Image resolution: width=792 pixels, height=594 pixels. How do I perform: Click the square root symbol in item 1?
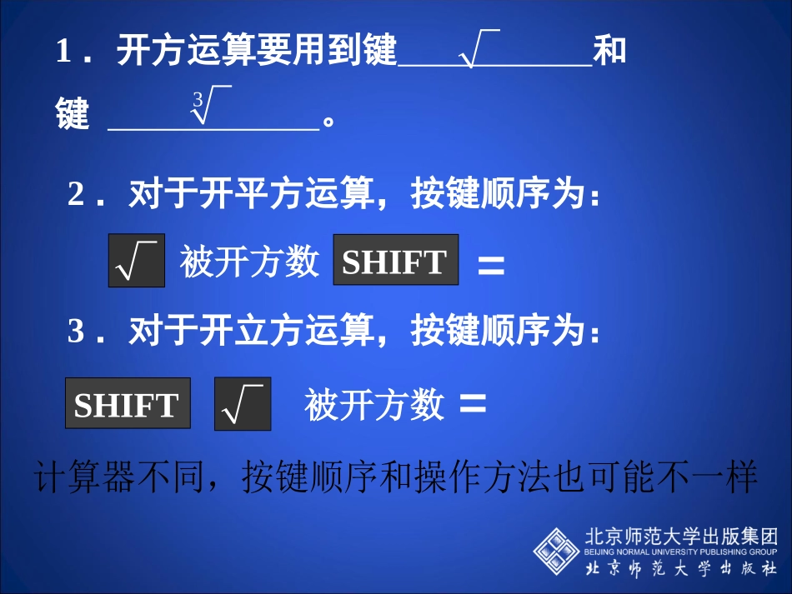pyautogui.click(x=479, y=48)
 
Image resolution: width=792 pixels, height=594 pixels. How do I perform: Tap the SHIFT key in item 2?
pyautogui.click(x=395, y=262)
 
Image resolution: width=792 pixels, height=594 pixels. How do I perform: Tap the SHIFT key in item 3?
pyautogui.click(x=127, y=405)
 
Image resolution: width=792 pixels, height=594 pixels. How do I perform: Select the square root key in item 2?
pyautogui.click(x=137, y=262)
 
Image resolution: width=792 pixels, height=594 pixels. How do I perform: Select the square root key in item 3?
pyautogui.click(x=242, y=405)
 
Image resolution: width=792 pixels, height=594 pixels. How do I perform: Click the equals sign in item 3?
pyautogui.click(x=473, y=404)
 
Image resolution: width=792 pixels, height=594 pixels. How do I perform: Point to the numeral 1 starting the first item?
pyautogui.click(x=63, y=52)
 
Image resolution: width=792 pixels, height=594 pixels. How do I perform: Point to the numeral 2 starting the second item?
pyautogui.click(x=77, y=196)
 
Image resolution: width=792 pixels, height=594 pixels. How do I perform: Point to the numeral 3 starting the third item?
pyautogui.click(x=77, y=333)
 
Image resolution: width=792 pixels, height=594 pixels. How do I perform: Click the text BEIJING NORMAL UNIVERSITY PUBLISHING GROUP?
pyautogui.click(x=681, y=552)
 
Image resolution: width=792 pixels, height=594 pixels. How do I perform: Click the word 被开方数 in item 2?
pyautogui.click(x=249, y=262)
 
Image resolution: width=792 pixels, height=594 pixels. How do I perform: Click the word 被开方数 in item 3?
pyautogui.click(x=373, y=406)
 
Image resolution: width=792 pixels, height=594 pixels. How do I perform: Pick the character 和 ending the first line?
pyautogui.click(x=609, y=52)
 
